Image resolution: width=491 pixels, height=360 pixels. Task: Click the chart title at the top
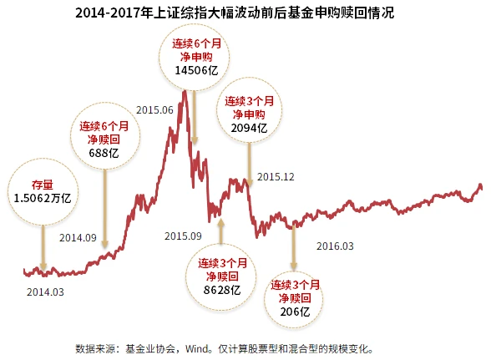point(245,13)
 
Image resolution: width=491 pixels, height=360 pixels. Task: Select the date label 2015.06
point(154,109)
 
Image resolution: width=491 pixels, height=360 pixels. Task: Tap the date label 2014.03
point(45,292)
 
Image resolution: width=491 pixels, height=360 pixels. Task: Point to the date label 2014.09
point(78,237)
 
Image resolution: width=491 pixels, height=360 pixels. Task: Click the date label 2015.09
point(183,236)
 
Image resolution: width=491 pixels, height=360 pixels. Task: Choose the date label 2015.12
point(276,176)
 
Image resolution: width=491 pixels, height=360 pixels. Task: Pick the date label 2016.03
point(336,246)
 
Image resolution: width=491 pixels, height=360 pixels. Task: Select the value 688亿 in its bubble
point(104,154)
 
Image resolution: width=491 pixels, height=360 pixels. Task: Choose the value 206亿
point(295,312)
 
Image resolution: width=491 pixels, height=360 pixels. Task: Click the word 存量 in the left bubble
point(42,184)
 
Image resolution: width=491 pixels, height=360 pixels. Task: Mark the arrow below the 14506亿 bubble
point(194,117)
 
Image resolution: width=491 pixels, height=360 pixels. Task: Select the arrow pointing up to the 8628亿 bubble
point(221,230)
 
